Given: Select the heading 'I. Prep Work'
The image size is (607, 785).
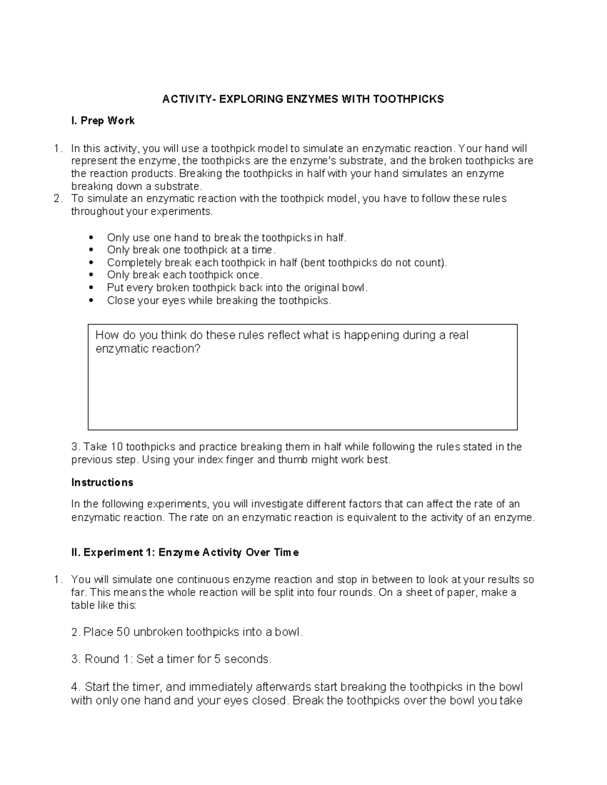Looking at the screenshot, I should coord(103,121).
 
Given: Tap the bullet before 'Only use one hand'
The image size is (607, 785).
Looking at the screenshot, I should coord(91,238).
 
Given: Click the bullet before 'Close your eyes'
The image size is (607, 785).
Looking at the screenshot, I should coord(91,300).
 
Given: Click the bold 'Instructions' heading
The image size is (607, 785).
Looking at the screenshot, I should coord(102,482).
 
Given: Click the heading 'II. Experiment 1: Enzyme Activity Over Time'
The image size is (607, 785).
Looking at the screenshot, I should coord(185,552).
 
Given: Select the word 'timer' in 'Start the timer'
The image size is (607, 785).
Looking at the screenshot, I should coord(146,687).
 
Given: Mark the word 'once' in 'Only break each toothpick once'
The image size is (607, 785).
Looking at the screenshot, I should coord(248,275).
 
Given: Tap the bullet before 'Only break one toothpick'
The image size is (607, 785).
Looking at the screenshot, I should coord(91,250).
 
